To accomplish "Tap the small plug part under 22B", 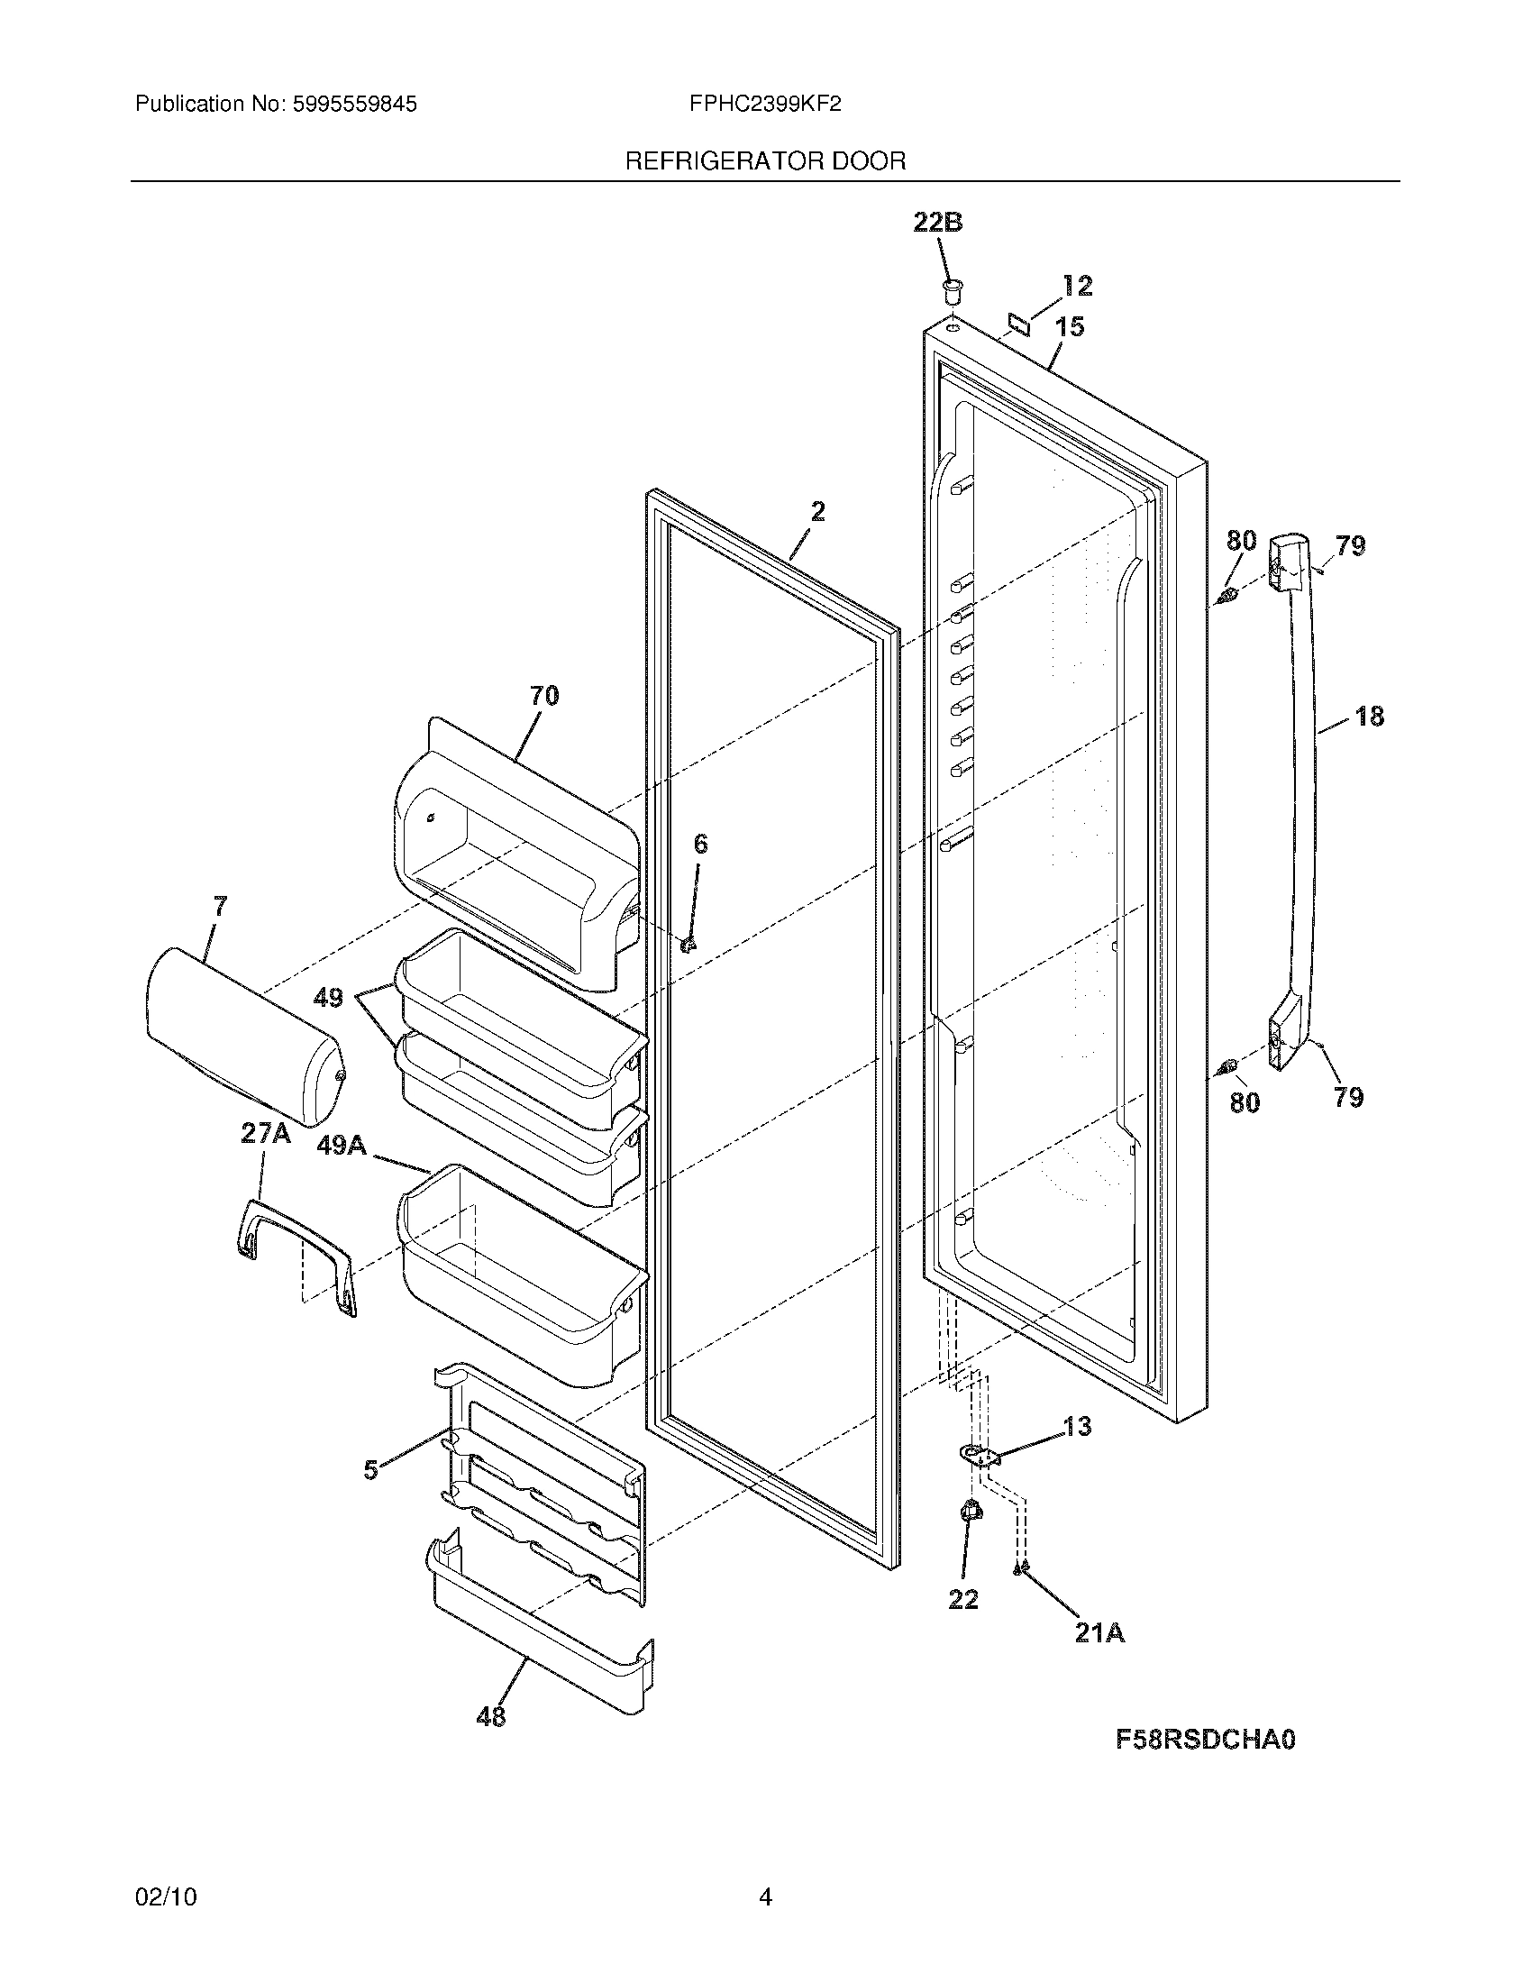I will pos(951,292).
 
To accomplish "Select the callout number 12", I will pos(1077,286).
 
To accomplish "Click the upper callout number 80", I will pos(1242,541).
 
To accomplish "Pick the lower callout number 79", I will pos(1349,1098).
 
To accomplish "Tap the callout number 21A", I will pos(1099,1632).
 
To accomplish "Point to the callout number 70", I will pos(544,697).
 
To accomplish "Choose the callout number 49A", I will pos(342,1147).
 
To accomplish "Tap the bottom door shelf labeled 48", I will pos(540,1648).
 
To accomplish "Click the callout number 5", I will pos(371,1470).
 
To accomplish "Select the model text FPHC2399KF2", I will pos(764,105).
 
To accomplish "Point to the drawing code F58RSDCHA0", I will pos(1204,1740).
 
